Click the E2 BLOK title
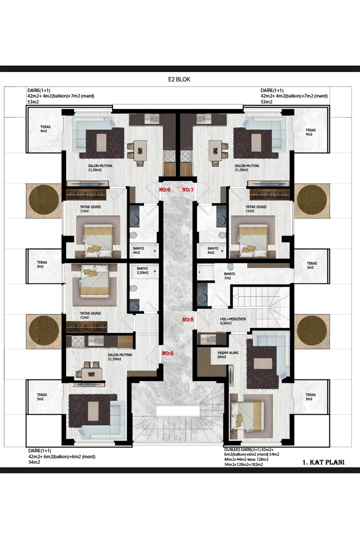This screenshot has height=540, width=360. coord(179,79)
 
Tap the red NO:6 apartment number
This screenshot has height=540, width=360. coord(164,190)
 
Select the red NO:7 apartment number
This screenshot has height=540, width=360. coord(188,190)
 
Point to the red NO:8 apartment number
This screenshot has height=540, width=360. coord(188,320)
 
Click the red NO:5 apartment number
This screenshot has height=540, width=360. coord(168,353)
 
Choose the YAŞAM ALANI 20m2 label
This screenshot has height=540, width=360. coord(228,355)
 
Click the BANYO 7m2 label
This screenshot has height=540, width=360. coord(229,276)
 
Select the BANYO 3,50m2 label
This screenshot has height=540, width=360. coord(142,270)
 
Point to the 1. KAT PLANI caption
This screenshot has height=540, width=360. coord(323,462)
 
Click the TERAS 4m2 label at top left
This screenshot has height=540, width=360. coord(45,129)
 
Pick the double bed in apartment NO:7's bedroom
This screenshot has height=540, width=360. coord(252,241)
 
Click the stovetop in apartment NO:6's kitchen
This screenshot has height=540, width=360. coord(169,156)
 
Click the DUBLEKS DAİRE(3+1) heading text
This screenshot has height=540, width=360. coord(242,450)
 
